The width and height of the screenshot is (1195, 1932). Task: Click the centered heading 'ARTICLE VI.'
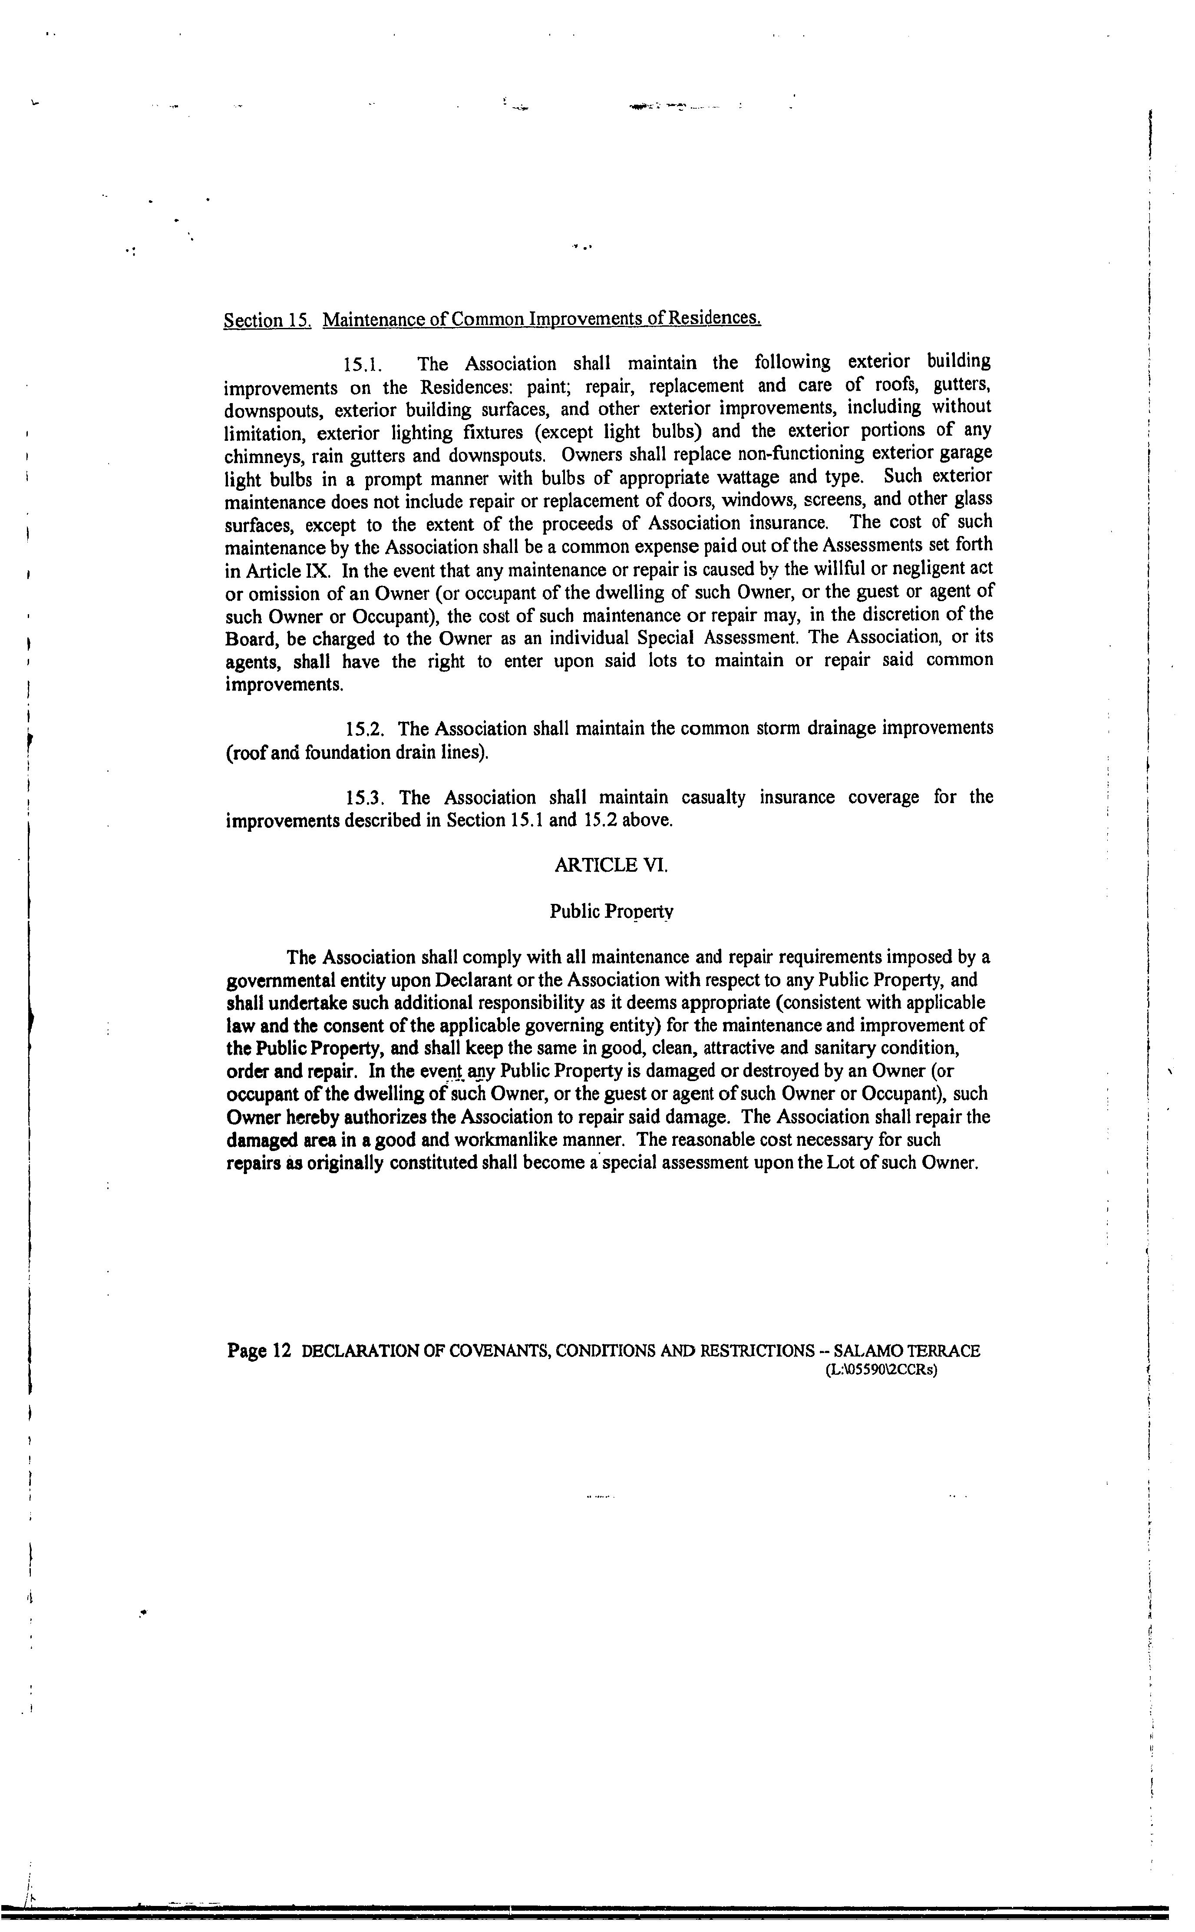click(611, 865)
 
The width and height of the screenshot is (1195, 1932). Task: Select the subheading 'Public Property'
click(611, 911)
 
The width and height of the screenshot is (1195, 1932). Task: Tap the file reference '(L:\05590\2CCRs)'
click(881, 1371)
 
